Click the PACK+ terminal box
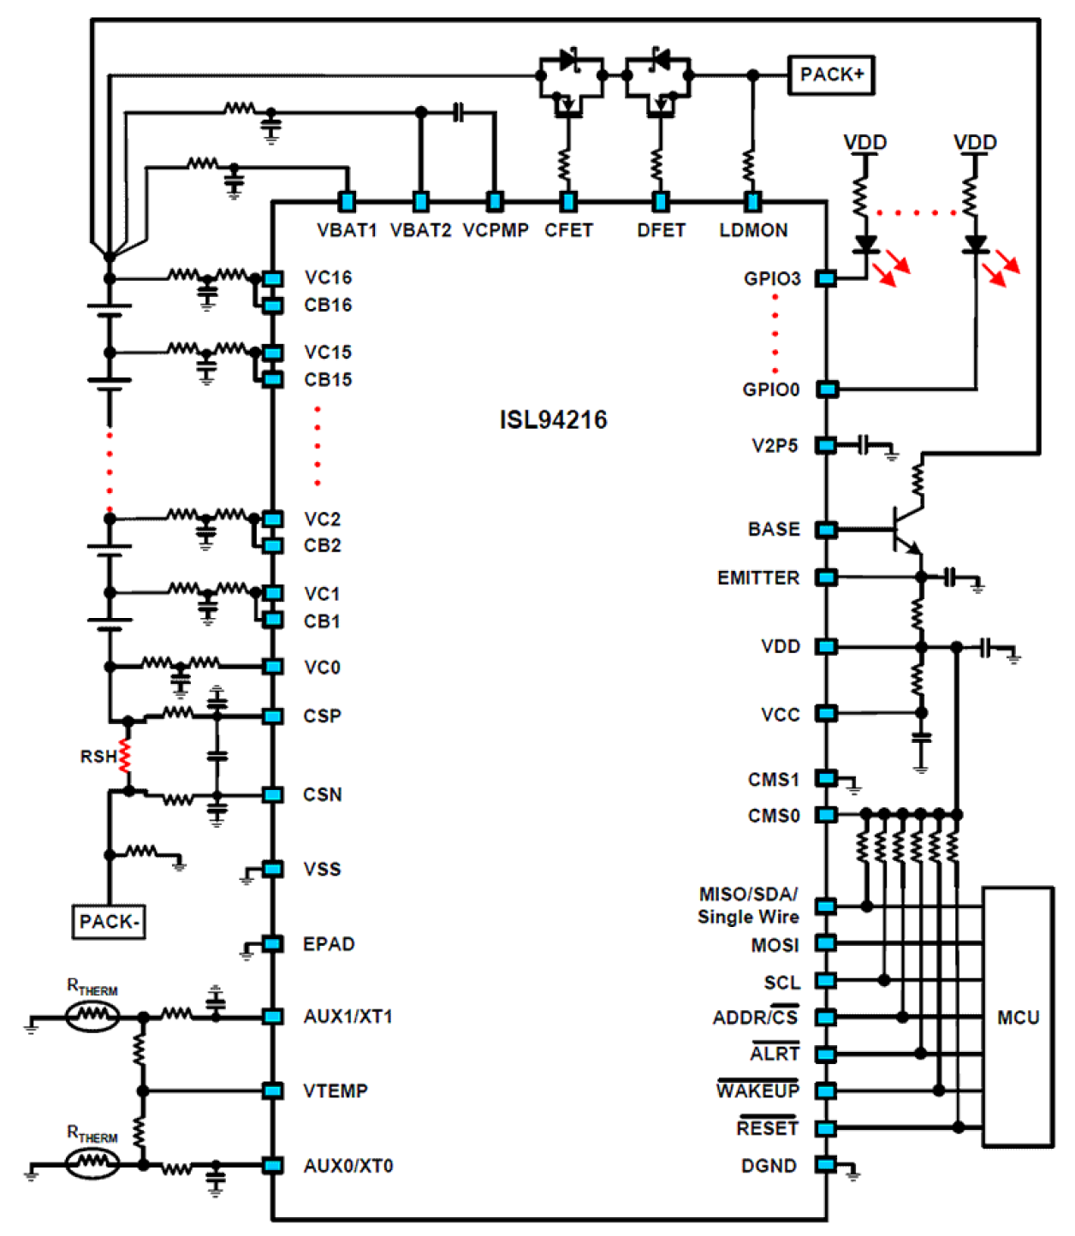tap(830, 75)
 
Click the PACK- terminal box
tap(109, 922)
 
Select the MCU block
tap(1018, 1017)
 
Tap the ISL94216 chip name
tap(553, 419)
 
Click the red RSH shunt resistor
tap(126, 757)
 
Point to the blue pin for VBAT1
tap(347, 201)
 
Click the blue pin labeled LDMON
tap(752, 201)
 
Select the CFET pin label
tap(568, 230)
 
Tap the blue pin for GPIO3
tap(826, 278)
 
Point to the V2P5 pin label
tap(775, 446)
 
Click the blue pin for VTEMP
tap(273, 1090)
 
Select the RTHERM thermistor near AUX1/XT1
tap(92, 1016)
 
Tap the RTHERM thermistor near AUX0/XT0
tap(92, 1163)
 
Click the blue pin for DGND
tap(826, 1164)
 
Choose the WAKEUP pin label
tap(757, 1090)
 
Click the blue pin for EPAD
tap(273, 943)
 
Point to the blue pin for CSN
tap(273, 794)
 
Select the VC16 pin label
tap(328, 278)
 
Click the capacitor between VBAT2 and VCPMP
tap(458, 112)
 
